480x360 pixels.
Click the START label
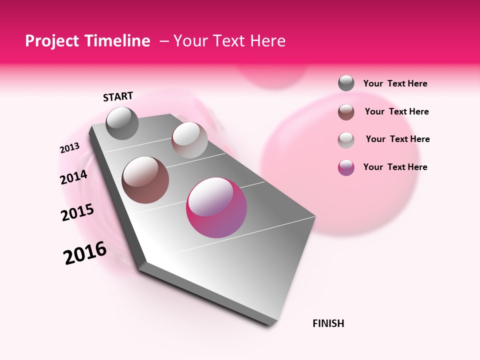coord(118,96)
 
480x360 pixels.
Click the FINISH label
coord(328,323)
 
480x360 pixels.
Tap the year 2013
coord(69,148)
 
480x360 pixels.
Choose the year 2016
coord(85,253)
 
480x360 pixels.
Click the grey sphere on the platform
coord(122,123)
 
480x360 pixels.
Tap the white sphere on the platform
coord(189,140)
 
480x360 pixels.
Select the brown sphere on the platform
coord(145,180)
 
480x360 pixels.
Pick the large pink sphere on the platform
coord(216,207)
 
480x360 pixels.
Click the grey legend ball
coord(346,83)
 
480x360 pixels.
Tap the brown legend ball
coord(346,112)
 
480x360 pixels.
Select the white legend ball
coord(346,140)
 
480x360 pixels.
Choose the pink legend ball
coord(346,167)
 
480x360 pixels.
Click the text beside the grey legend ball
coord(395,83)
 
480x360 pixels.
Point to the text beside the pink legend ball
coord(395,167)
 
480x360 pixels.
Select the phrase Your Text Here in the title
coord(229,41)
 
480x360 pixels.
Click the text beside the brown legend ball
coord(397,111)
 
